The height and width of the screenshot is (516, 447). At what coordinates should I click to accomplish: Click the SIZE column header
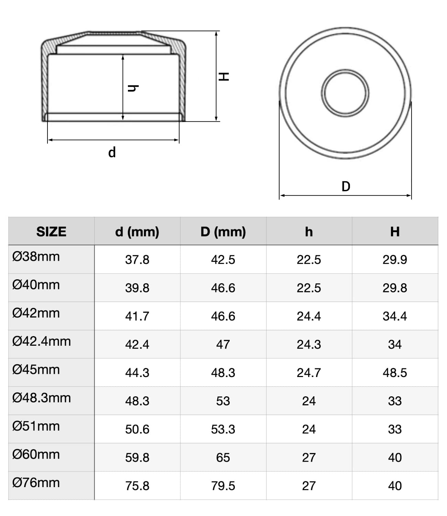(51, 232)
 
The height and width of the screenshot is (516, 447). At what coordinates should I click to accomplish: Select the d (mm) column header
(137, 232)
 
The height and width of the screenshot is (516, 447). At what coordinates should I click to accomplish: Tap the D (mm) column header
(223, 232)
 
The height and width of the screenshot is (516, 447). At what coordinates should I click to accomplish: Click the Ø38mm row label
(36, 257)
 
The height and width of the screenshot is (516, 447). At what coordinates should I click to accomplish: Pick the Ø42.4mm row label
(41, 341)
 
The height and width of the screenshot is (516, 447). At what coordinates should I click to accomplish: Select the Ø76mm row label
(36, 483)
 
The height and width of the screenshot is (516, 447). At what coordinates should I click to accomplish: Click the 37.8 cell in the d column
(137, 260)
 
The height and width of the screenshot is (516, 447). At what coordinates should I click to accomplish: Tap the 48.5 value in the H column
(395, 373)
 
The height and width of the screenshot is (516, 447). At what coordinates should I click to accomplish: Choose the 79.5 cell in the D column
(223, 486)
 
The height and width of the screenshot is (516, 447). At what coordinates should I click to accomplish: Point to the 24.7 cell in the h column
(309, 373)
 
